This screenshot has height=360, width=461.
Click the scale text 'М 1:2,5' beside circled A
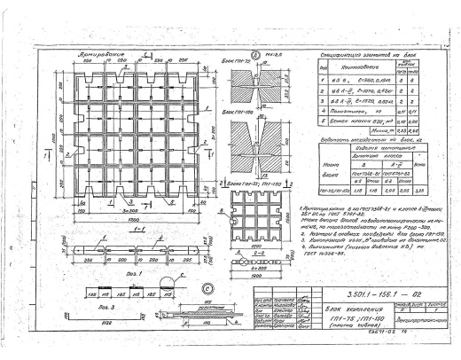click(x=274, y=58)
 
